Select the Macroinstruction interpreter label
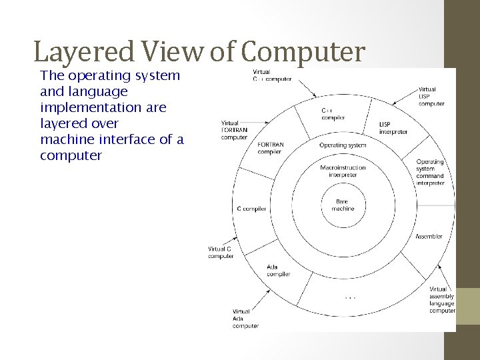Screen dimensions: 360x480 (x=343, y=171)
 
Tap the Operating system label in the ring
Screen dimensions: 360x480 (x=343, y=145)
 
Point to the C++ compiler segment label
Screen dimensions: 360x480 (x=332, y=114)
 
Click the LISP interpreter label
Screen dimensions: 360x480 (x=393, y=127)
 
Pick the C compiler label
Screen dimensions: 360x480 (x=251, y=209)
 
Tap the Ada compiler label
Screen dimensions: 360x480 (x=278, y=271)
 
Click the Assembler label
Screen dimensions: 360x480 (x=429, y=237)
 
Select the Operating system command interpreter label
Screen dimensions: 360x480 (x=430, y=172)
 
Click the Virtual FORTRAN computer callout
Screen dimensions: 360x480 (x=234, y=130)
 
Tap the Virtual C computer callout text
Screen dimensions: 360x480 (x=221, y=253)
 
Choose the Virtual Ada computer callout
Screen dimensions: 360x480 (x=245, y=319)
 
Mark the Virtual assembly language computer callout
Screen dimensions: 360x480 (x=442, y=300)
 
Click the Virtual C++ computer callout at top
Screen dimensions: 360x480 (x=271, y=75)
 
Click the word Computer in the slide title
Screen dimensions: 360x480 (x=303, y=52)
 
